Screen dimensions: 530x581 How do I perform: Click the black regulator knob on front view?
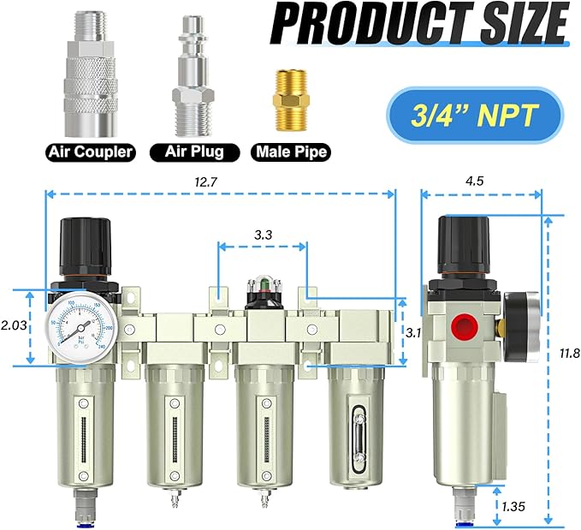coord(82,244)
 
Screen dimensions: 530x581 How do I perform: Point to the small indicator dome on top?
coord(262,286)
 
